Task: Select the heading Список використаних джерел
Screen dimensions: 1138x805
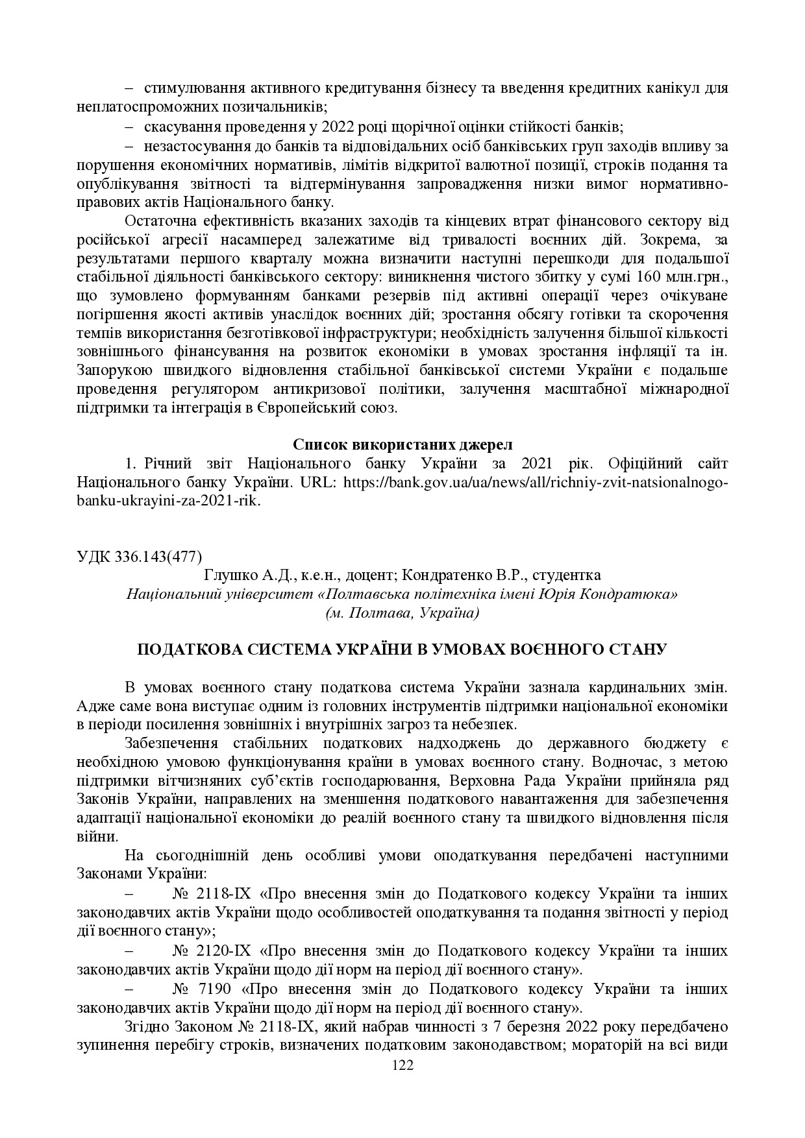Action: tap(402, 444)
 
